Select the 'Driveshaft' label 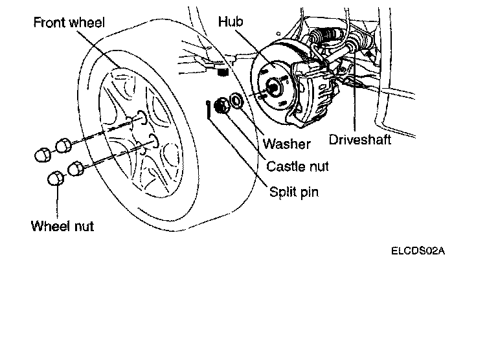pos(361,140)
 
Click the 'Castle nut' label pos(297,166)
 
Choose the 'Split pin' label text pos(294,192)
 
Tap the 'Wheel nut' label pos(62,226)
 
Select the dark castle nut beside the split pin pos(221,105)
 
